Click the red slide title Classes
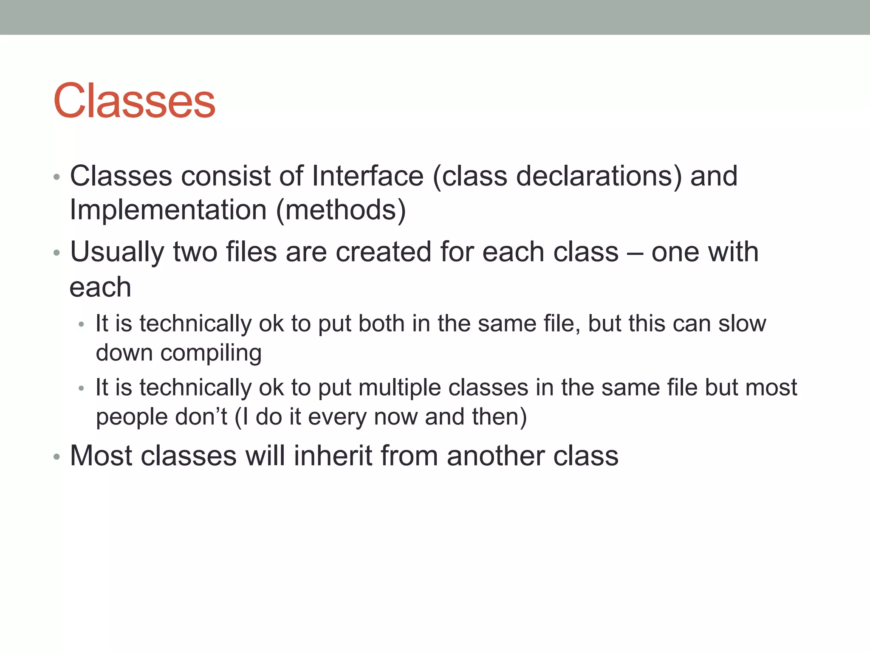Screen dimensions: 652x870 pyautogui.click(x=134, y=101)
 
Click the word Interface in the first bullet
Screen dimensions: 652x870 pyautogui.click(x=367, y=176)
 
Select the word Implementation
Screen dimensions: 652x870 pyautogui.click(x=168, y=210)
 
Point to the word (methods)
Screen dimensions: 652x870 pyautogui.click(x=341, y=210)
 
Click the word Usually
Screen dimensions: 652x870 pyautogui.click(x=117, y=252)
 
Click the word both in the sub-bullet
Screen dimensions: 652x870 pyautogui.click(x=381, y=323)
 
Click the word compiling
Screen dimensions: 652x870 pyautogui.click(x=211, y=353)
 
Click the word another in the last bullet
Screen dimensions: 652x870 pyautogui.click(x=495, y=455)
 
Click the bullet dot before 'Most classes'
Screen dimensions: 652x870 pyautogui.click(x=56, y=457)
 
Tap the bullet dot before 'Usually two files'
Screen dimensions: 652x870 pyautogui.click(x=56, y=253)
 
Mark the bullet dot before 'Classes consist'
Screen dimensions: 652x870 pyautogui.click(x=56, y=177)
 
